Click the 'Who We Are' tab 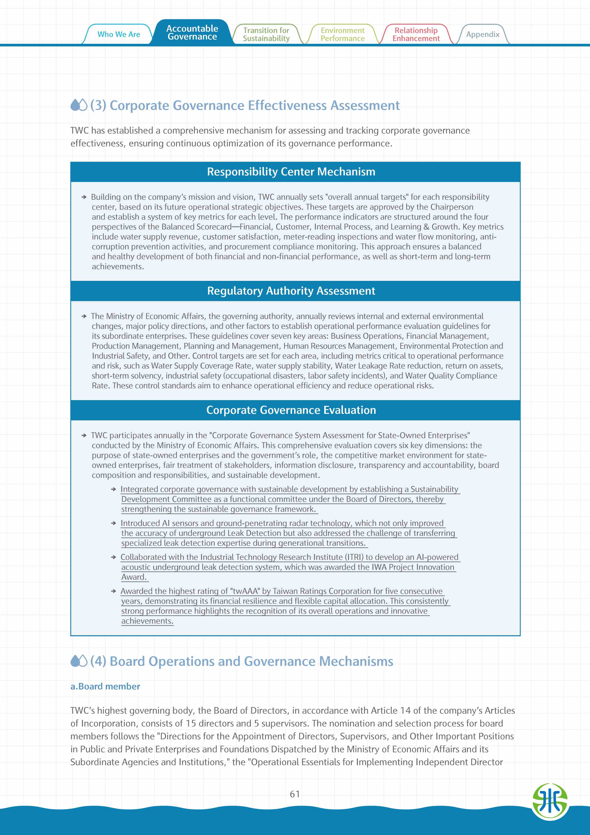click(x=119, y=35)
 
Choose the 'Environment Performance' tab click(x=342, y=35)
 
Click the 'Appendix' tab click(x=483, y=35)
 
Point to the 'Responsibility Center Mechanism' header click(x=291, y=172)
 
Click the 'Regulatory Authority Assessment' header click(x=291, y=291)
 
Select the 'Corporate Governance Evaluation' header click(x=291, y=410)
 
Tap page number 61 click(x=295, y=794)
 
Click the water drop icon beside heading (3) click(x=79, y=105)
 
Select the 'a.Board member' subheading click(x=105, y=686)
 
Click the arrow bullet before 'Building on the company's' click(x=84, y=197)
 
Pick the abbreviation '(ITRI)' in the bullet click(x=354, y=557)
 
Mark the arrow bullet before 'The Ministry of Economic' click(x=84, y=316)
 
